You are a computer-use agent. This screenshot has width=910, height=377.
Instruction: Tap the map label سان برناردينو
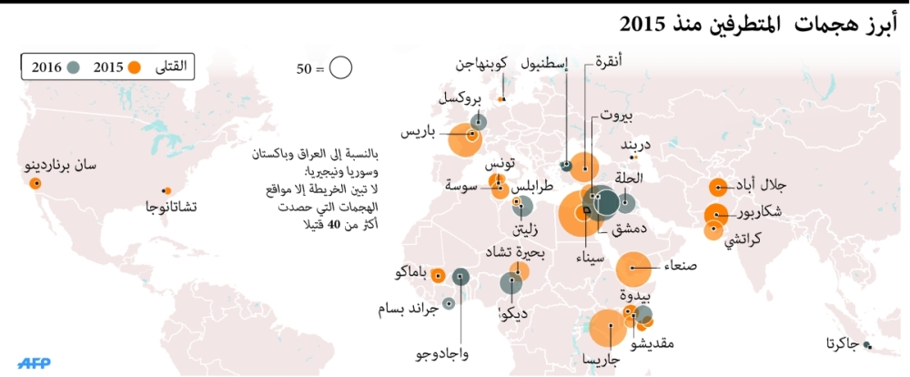point(60,166)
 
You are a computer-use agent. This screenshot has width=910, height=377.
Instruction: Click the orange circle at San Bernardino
point(35,183)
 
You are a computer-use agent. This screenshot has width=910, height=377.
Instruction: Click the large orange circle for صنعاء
point(635,270)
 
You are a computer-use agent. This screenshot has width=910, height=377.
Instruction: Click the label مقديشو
point(652,343)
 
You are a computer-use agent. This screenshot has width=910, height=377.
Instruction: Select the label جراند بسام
point(409,310)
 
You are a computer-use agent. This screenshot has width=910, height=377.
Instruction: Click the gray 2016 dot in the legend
point(74,66)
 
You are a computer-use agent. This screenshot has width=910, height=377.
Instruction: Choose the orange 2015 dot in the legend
point(135,66)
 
